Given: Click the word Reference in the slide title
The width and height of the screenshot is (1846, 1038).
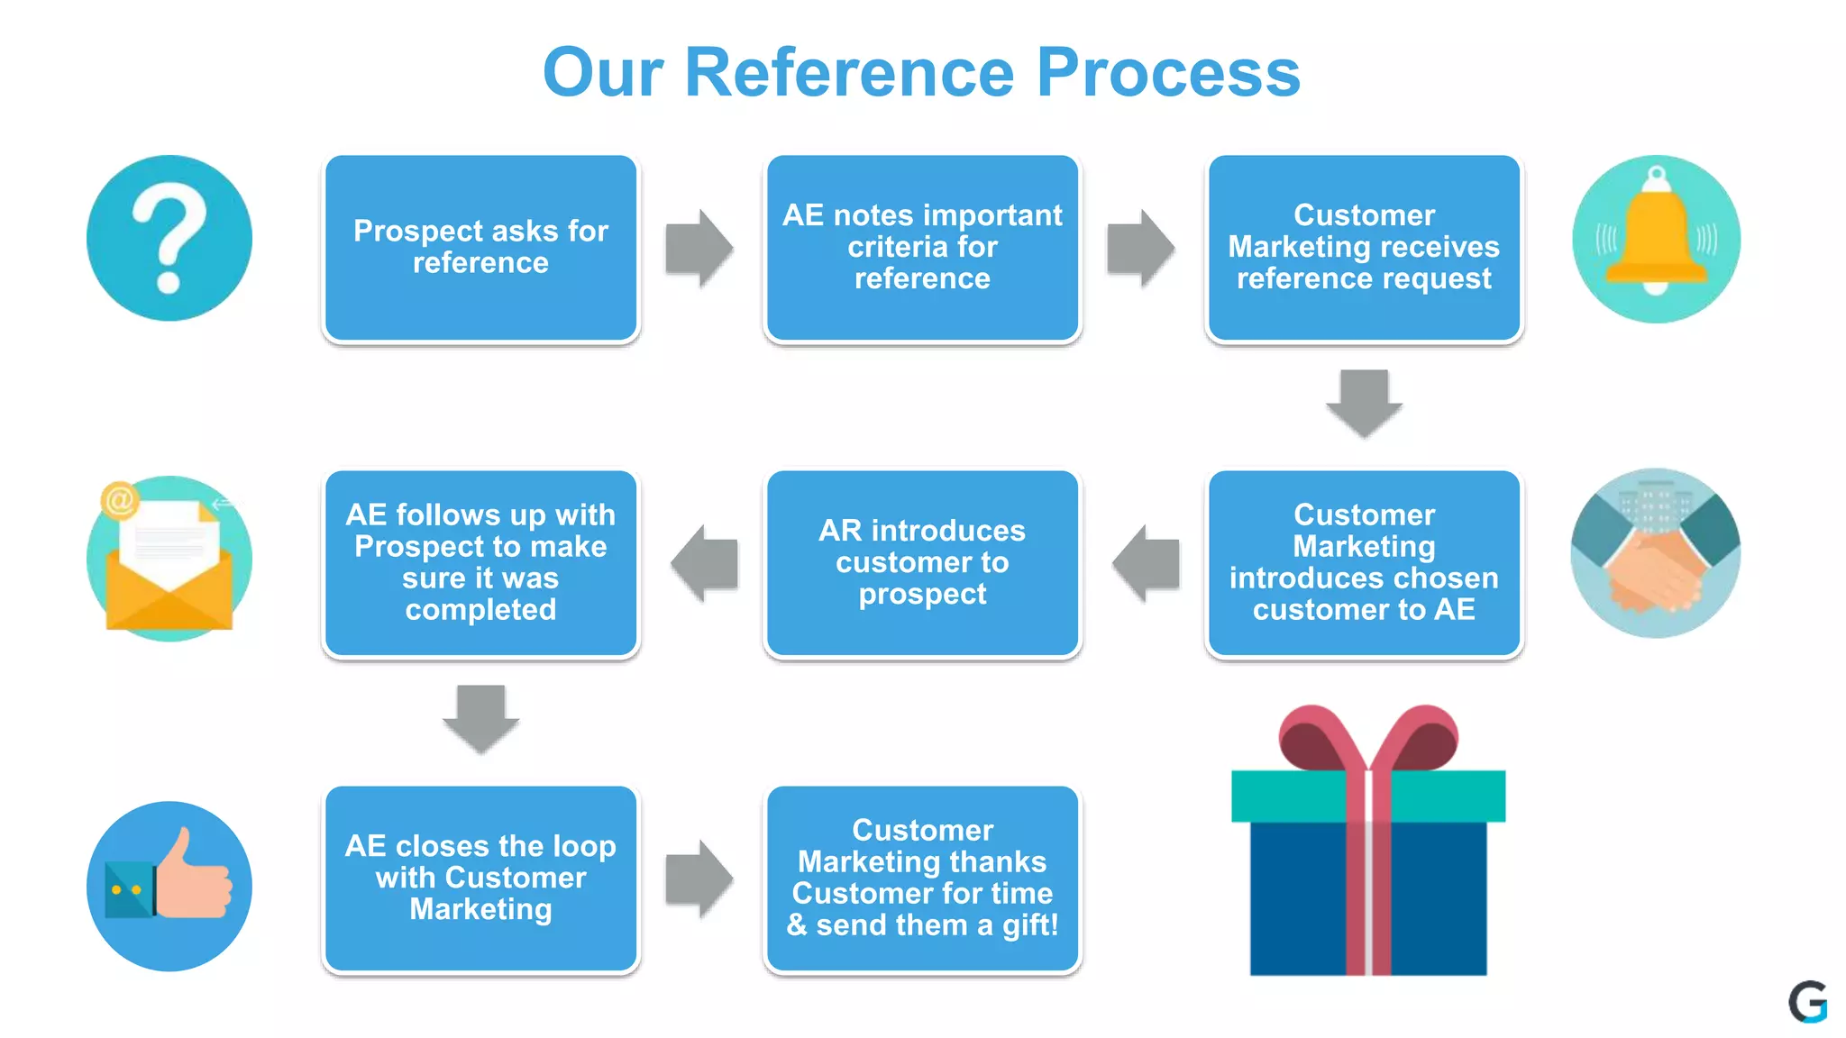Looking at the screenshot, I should (849, 72).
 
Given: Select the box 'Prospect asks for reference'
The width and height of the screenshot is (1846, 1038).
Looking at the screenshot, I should (480, 248).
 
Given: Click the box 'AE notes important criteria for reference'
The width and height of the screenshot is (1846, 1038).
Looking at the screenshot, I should (922, 248).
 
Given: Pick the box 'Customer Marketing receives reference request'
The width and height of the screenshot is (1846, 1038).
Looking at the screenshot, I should (1364, 248).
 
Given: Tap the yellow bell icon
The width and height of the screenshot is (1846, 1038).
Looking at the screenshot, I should (1656, 239).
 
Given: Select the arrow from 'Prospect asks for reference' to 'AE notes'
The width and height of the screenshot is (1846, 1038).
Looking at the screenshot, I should (699, 248).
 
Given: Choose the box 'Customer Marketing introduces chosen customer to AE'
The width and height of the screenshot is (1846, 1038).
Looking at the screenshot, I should (1364, 563).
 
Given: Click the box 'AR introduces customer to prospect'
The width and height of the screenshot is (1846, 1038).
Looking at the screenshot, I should (922, 563).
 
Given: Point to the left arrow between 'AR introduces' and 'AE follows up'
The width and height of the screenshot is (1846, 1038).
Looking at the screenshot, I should (705, 563).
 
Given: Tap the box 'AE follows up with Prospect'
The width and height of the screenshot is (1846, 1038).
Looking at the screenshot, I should (480, 563).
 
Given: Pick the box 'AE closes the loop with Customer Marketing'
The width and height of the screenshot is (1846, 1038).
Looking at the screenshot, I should (480, 879).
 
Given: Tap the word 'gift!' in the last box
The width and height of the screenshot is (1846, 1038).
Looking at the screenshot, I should (1029, 925).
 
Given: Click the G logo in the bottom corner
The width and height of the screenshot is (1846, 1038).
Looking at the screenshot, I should (1807, 1001).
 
